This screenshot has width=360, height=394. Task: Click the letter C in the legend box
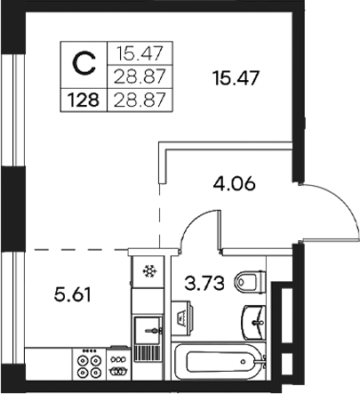click(x=83, y=63)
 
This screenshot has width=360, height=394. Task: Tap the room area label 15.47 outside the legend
click(x=234, y=78)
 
